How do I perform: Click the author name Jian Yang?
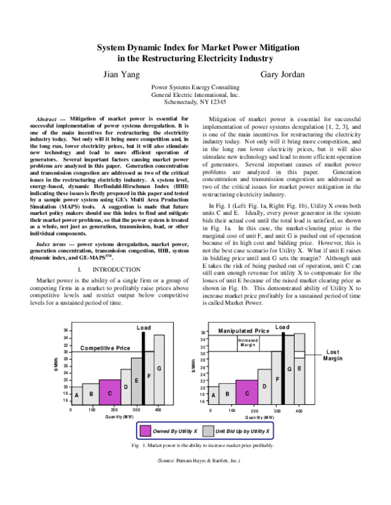click(x=121, y=75)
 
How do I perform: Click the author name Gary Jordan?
click(x=282, y=75)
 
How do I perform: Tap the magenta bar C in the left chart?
click(x=110, y=392)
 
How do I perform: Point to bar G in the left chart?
click(x=159, y=369)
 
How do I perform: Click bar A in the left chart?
click(x=76, y=395)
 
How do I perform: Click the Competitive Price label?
click(x=105, y=349)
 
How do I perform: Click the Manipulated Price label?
click(x=243, y=331)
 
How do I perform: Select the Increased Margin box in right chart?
click(x=247, y=342)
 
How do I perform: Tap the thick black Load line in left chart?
click(x=145, y=368)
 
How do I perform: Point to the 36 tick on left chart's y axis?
click(x=66, y=331)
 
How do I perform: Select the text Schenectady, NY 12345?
click(x=195, y=102)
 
